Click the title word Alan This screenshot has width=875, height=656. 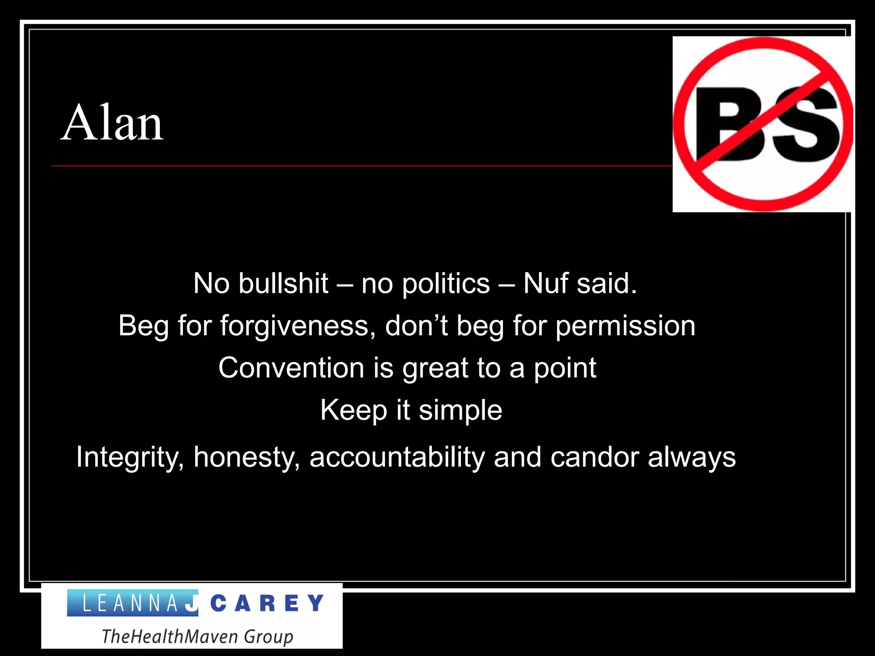(112, 123)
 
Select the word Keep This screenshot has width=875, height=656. (354, 410)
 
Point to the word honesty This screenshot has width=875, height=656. (247, 457)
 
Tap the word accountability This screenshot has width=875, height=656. (397, 457)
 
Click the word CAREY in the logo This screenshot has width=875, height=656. (267, 603)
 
